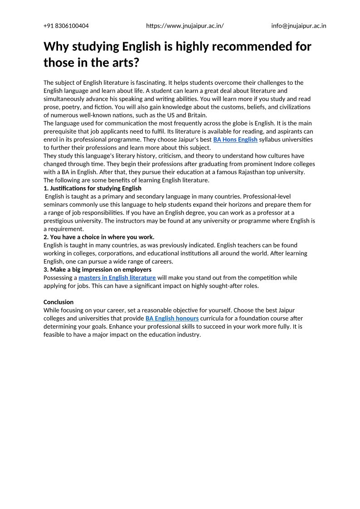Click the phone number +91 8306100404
(x=66, y=26)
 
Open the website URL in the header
(x=185, y=26)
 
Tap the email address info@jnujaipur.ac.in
(x=298, y=26)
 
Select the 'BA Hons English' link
(x=235, y=140)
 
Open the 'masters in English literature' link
(x=117, y=278)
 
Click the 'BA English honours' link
(x=172, y=319)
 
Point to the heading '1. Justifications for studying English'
(x=92, y=188)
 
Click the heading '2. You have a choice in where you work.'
(x=99, y=237)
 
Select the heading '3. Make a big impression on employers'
(x=97, y=270)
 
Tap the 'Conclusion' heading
(x=58, y=302)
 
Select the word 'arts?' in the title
(x=123, y=63)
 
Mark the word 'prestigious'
(x=60, y=221)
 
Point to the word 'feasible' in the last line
(x=55, y=335)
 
